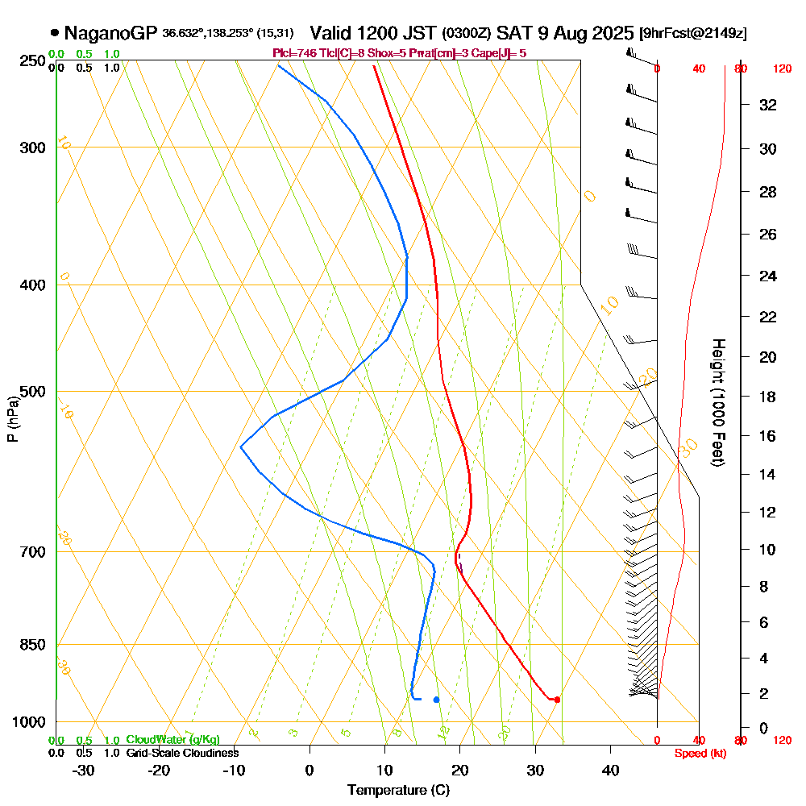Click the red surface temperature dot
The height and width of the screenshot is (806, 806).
pos(557,699)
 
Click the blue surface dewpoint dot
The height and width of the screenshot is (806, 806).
pos(436,700)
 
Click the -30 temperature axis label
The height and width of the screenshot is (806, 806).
pos(83,770)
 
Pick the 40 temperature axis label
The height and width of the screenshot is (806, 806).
pos(610,770)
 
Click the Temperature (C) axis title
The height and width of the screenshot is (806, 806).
pos(398,790)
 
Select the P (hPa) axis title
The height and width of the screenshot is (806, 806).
pos(12,419)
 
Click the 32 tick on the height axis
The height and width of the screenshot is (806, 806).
pos(767,105)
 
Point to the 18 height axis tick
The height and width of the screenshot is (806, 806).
pos(767,397)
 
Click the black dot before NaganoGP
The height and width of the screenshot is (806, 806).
pos(54,33)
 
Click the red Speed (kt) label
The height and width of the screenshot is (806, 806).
pos(700,754)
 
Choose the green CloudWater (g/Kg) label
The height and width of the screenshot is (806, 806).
pos(172,740)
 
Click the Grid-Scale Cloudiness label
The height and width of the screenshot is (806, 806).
pos(181,753)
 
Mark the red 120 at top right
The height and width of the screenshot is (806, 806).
pos(781,69)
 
